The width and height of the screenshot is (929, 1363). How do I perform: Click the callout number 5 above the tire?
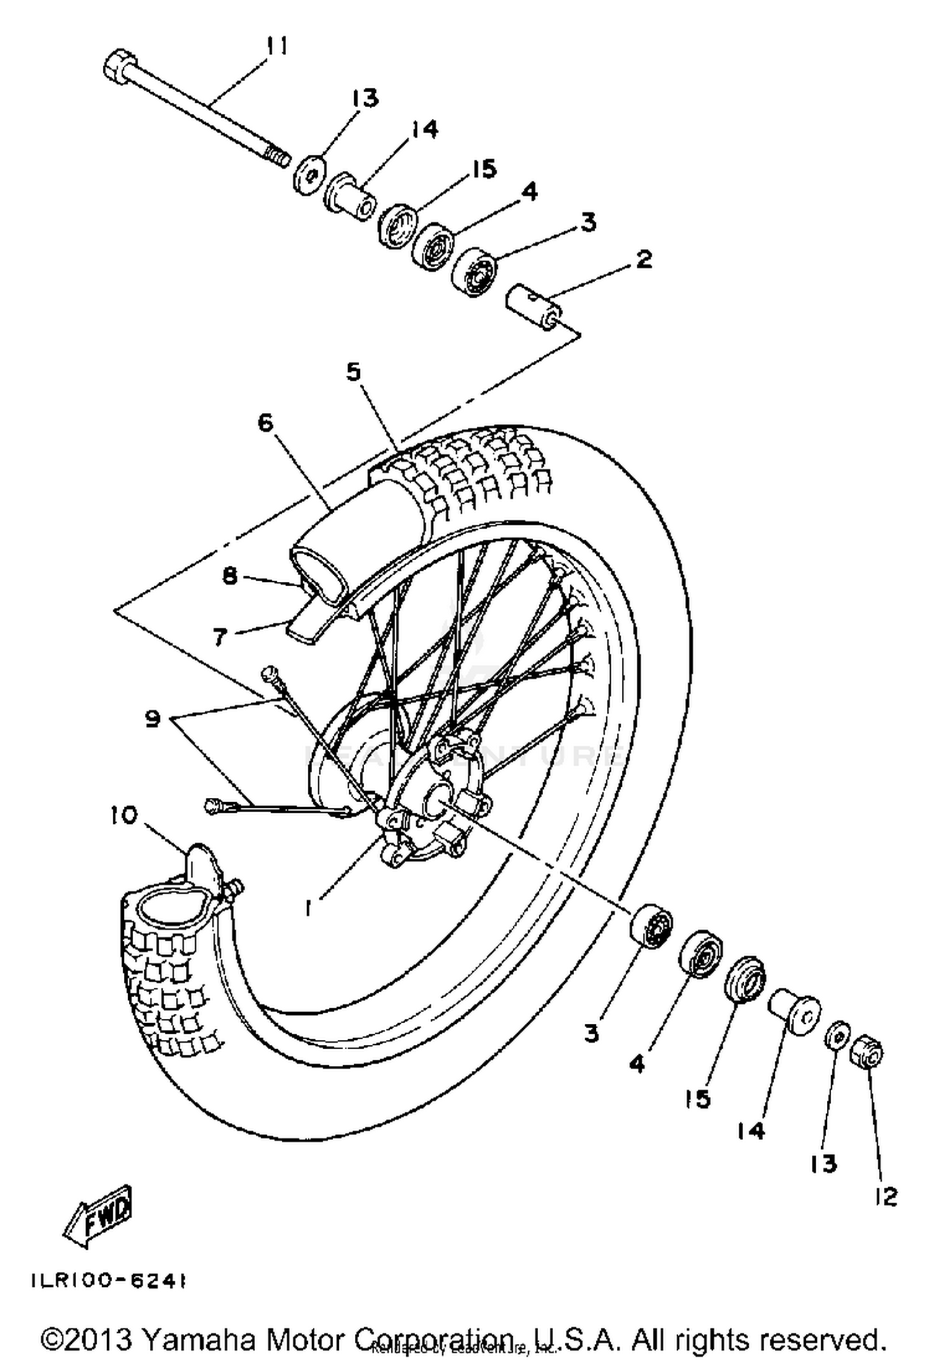353,373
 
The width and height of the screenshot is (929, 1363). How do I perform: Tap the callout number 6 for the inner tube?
265,424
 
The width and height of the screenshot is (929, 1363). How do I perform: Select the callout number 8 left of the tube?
230,577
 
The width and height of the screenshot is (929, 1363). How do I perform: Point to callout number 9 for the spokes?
153,719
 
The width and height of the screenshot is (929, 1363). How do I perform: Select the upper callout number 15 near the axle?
484,168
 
